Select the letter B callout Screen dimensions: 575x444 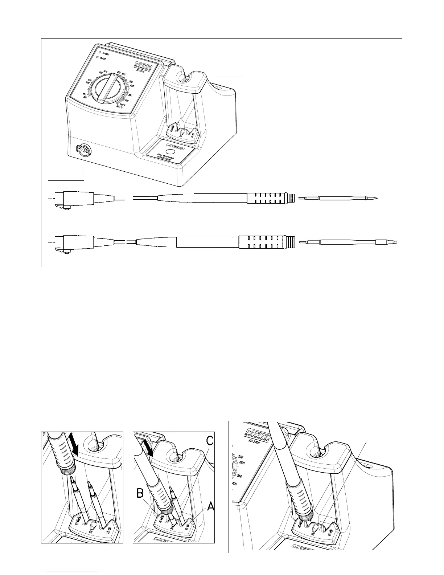[x=141, y=493]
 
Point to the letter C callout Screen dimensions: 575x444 [x=210, y=441]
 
